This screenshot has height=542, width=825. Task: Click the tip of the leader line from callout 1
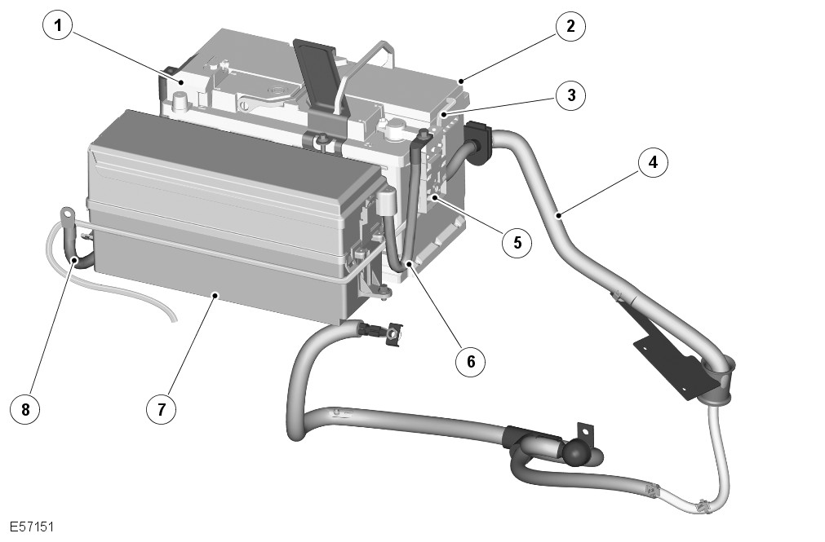point(181,82)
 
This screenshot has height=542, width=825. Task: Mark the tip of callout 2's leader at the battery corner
point(461,81)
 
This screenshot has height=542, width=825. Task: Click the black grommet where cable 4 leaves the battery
point(476,142)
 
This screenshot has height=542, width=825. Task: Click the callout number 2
point(570,26)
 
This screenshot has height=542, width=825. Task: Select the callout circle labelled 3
point(570,95)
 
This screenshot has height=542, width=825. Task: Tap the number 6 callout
point(471,361)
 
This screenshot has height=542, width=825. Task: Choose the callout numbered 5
point(517,242)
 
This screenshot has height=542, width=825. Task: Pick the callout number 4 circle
point(653,162)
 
